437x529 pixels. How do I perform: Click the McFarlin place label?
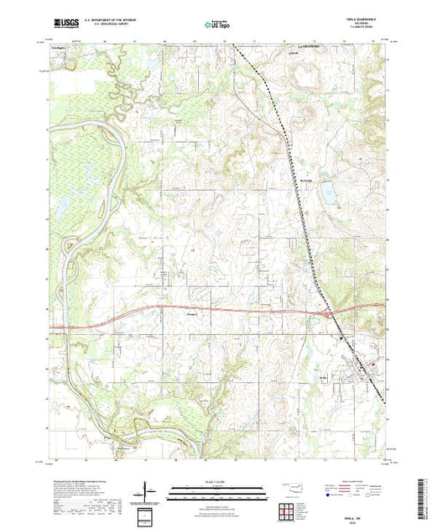(x=305, y=180)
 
